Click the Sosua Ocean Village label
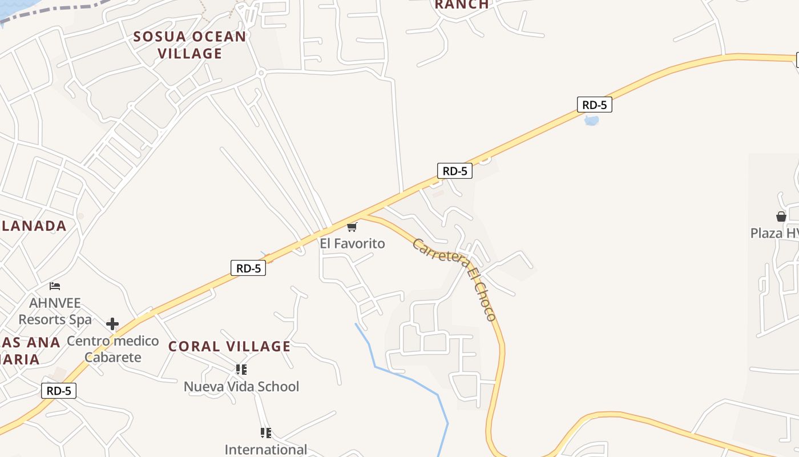[189, 45]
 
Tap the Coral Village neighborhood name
[229, 346]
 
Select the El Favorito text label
[352, 243]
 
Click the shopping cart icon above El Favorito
[352, 227]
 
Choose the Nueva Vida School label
[241, 386]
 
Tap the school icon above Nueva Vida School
[241, 370]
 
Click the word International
[265, 449]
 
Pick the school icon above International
[265, 432]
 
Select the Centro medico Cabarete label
[113, 349]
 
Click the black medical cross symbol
[112, 324]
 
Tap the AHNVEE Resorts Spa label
[55, 311]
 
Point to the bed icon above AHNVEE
[55, 286]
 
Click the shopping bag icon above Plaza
[781, 217]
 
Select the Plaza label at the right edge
[774, 233]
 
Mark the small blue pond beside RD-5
[592, 121]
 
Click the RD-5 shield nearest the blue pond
[594, 105]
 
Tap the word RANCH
[462, 5]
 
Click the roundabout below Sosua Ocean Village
[261, 73]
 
